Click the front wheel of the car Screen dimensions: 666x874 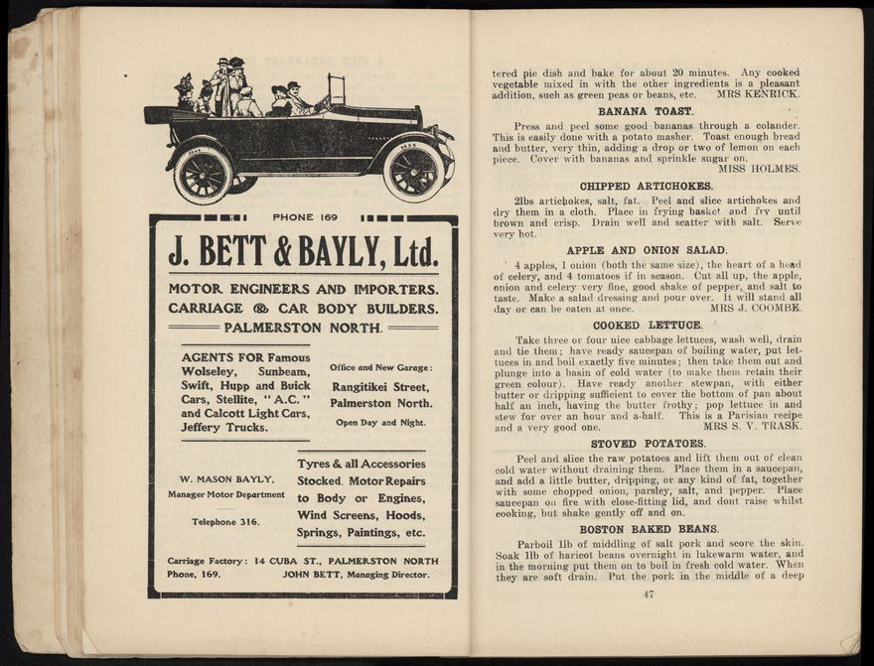pos(413,170)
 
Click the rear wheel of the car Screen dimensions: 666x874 pos(203,175)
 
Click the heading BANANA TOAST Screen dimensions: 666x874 pos(646,111)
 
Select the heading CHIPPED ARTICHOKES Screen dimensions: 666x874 pos(646,186)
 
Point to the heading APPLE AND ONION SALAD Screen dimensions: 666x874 pos(647,250)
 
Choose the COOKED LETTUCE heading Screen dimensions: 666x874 pos(646,325)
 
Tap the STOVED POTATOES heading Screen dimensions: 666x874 pos(648,444)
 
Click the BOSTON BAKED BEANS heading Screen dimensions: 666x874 pos(648,529)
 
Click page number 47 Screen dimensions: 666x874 pos(649,595)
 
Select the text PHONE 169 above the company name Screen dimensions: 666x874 pos(305,217)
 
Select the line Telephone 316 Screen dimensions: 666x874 pos(225,521)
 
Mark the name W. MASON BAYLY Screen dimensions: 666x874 pos(227,479)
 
